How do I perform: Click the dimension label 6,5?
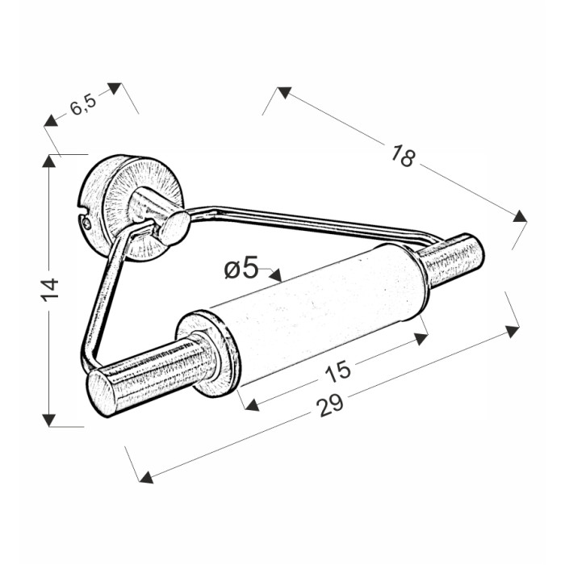click(x=83, y=104)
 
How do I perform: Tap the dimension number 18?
click(x=404, y=156)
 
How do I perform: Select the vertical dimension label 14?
click(x=49, y=290)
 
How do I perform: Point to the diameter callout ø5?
click(x=241, y=267)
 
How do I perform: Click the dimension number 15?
click(x=337, y=370)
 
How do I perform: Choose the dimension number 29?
click(x=330, y=405)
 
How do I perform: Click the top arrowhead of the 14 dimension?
click(x=49, y=161)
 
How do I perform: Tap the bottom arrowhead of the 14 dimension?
click(x=49, y=421)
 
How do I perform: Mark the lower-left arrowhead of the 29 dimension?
click(x=146, y=478)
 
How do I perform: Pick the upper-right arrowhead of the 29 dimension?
click(x=513, y=331)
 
